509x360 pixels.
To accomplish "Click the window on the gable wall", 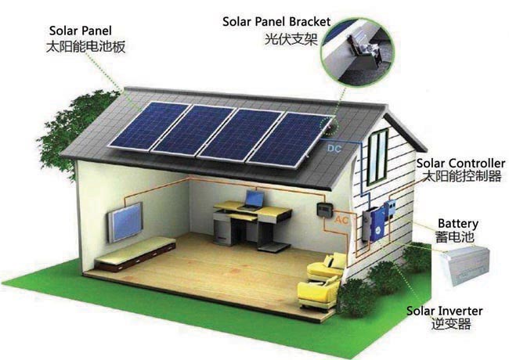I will (x=378, y=156).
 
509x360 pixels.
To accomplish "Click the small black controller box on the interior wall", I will (x=321, y=209).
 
